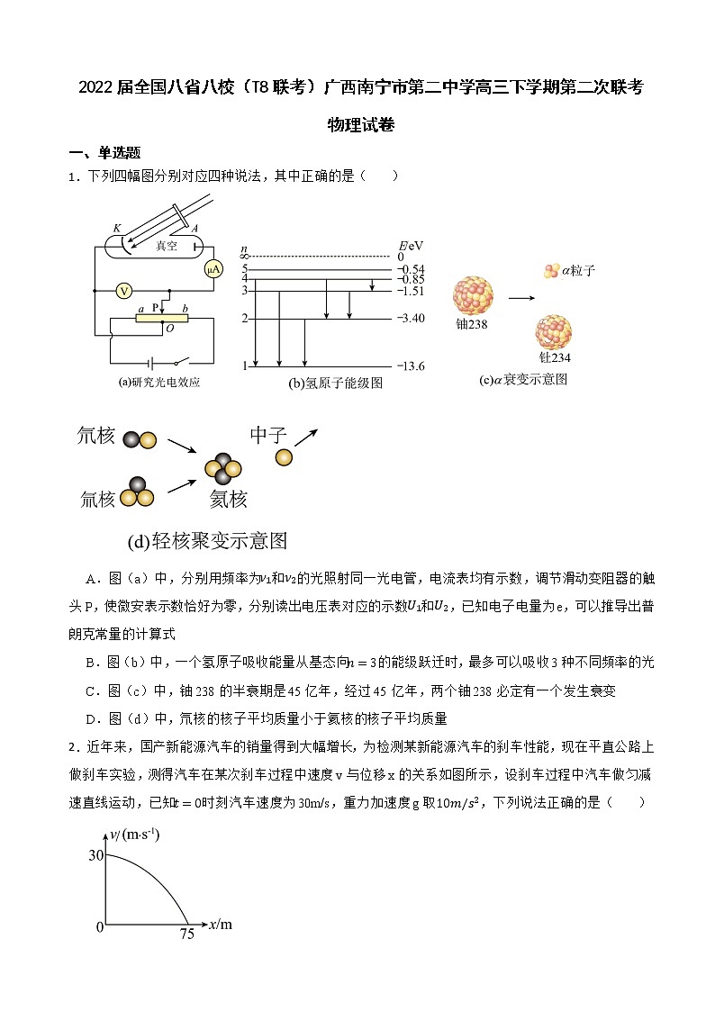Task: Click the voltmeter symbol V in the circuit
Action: (x=124, y=290)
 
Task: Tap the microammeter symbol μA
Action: (x=213, y=269)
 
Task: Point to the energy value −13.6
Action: (x=412, y=366)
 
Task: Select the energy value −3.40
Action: (x=412, y=319)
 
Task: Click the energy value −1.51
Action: (x=412, y=291)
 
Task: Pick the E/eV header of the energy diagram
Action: (x=411, y=245)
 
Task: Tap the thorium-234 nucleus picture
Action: (x=554, y=333)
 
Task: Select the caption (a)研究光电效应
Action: (x=158, y=382)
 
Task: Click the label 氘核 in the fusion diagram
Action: (x=96, y=437)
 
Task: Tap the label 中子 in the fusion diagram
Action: (x=268, y=436)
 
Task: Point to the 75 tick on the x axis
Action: (x=186, y=934)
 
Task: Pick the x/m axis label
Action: (x=220, y=923)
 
